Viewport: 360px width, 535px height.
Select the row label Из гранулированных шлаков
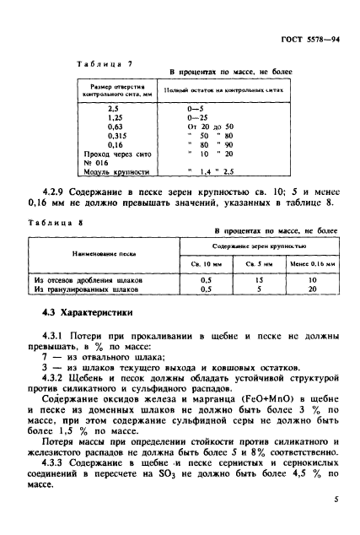coord(87,289)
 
